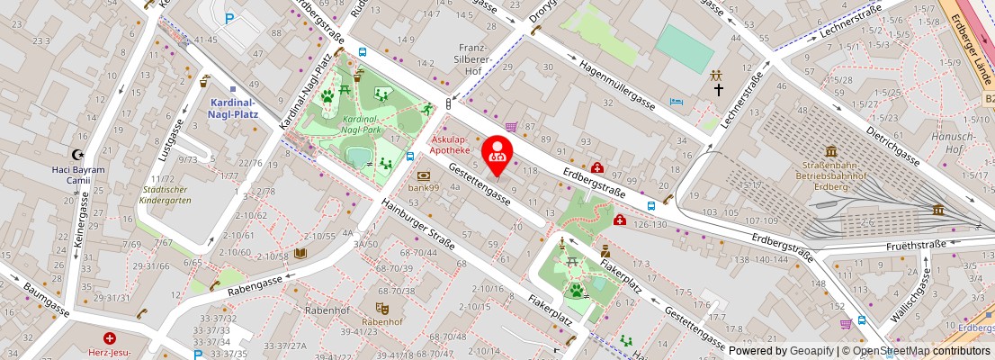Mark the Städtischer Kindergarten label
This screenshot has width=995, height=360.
point(165,194)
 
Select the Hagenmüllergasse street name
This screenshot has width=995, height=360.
point(616,82)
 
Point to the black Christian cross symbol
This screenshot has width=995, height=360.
point(718,90)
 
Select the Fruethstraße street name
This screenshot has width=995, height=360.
point(915,243)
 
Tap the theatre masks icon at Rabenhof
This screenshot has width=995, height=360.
point(381,307)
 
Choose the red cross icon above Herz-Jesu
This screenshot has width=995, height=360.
point(110,338)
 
